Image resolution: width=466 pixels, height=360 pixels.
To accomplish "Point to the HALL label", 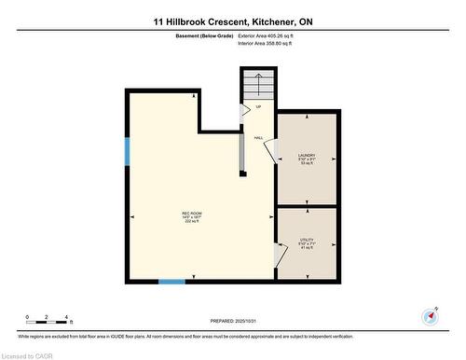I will coord(258,138).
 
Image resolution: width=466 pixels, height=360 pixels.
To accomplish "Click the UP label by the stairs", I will coord(258,106).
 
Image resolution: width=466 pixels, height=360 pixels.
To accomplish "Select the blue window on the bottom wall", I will coord(171,281).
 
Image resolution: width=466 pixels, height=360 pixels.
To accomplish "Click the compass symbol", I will coord(430,315).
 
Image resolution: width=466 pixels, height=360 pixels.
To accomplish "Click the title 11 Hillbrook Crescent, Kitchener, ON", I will coord(232,20).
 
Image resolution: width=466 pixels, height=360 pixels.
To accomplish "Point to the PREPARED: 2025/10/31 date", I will coord(232,322).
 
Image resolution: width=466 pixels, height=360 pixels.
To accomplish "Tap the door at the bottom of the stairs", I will coord(245,109).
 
